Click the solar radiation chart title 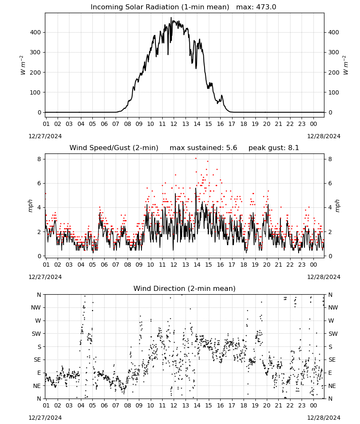[x=183, y=7]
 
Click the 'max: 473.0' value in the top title [x=256, y=7]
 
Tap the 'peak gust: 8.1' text [x=274, y=148]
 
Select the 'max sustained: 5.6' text [x=203, y=148]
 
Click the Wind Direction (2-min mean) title [x=185, y=288]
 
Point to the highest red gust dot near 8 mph [x=196, y=159]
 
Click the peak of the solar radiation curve [x=171, y=17]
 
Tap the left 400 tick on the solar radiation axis [x=36, y=33]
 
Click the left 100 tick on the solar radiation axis [x=36, y=92]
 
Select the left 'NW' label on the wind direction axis [x=36, y=308]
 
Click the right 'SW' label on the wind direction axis [x=333, y=334]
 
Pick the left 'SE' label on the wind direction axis [x=37, y=360]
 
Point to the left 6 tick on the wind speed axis [x=39, y=183]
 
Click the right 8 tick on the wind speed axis [x=330, y=159]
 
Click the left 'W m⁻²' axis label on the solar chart [x=23, y=65]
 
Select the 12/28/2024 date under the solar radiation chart [x=324, y=136]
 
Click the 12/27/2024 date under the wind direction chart [x=45, y=418]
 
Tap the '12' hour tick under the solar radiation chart [x=174, y=124]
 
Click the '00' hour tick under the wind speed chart [x=313, y=265]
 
